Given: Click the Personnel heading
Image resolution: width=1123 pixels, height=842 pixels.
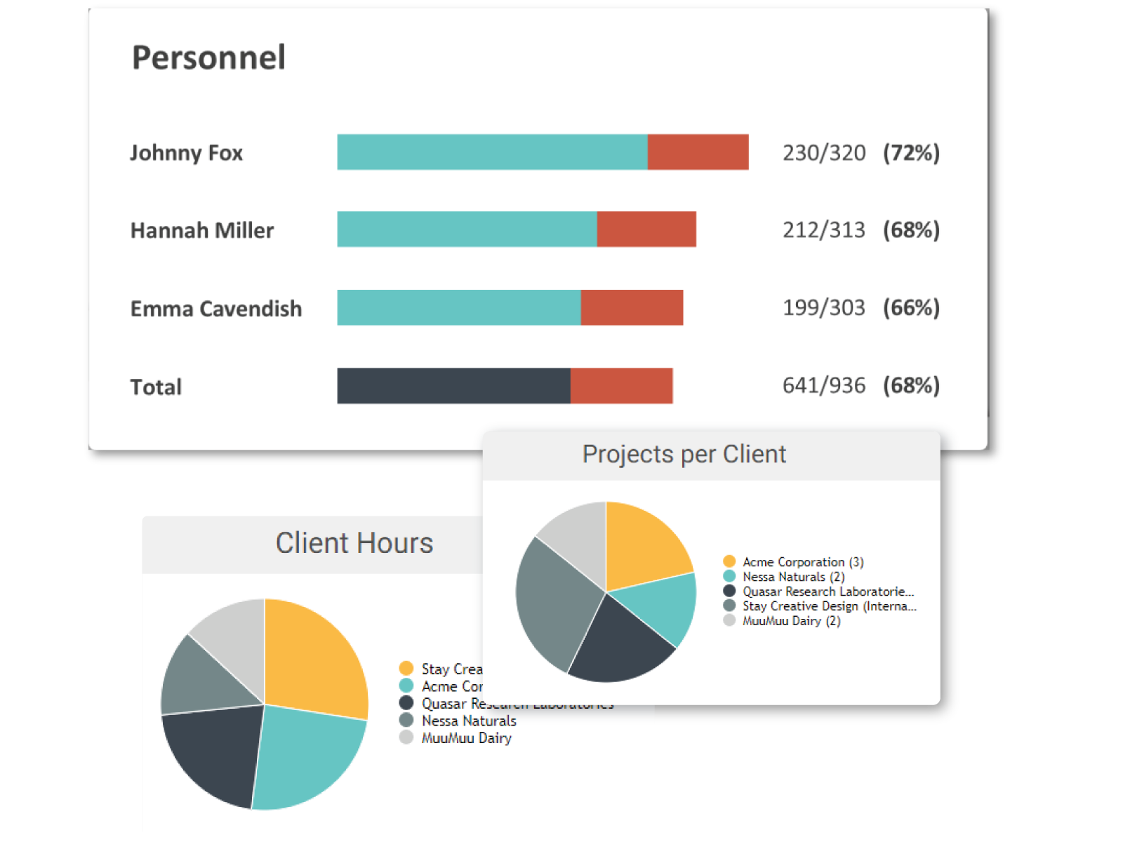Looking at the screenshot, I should [x=208, y=58].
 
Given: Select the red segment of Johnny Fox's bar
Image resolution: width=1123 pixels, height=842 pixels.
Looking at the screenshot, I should [x=698, y=152].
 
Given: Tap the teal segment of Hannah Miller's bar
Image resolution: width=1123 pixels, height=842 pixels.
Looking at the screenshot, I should [x=467, y=229].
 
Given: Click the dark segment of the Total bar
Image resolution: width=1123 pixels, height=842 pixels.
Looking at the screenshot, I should [x=453, y=386].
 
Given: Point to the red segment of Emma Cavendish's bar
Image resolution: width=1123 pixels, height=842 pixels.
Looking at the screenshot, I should [x=632, y=307].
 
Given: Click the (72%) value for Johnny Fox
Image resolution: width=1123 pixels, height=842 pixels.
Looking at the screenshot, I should [x=911, y=153].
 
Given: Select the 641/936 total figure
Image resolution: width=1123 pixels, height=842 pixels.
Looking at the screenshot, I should [x=824, y=385].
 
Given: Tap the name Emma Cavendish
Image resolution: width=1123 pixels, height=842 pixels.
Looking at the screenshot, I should [x=216, y=309].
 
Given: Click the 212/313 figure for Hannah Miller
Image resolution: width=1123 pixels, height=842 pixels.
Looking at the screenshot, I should [x=824, y=230].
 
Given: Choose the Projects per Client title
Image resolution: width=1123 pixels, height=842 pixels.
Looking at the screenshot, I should [x=684, y=454].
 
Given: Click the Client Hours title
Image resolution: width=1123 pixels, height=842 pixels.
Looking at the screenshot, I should [x=354, y=543].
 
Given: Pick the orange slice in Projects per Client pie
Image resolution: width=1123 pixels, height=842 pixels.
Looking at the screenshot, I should [x=642, y=547].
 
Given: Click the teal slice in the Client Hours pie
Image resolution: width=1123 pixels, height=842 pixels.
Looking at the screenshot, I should [x=309, y=754].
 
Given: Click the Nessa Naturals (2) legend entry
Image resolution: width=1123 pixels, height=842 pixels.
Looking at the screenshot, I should [x=793, y=577].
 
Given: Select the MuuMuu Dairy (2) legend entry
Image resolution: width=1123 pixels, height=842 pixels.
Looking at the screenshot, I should [x=791, y=621].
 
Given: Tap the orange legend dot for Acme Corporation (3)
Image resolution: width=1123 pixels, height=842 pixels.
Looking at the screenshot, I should [x=729, y=561].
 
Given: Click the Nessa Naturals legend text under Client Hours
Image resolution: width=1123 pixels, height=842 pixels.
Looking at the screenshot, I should [x=469, y=721].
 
